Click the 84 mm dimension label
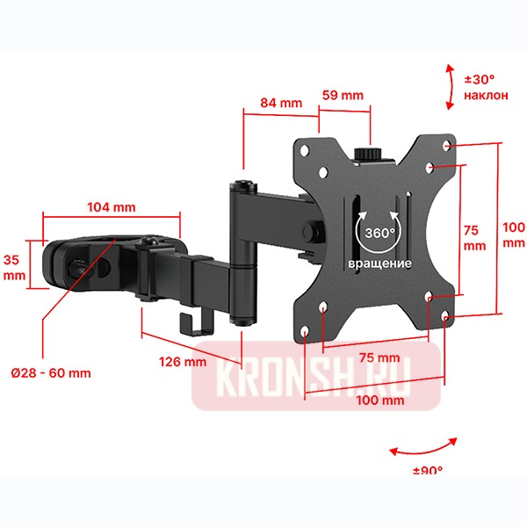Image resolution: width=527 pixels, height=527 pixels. (279, 103)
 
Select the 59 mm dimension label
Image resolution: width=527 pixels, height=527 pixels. (342, 95)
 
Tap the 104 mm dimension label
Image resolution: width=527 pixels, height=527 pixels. (112, 207)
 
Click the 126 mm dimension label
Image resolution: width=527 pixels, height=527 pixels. (183, 361)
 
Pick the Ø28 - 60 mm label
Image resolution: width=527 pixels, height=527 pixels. (51, 372)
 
